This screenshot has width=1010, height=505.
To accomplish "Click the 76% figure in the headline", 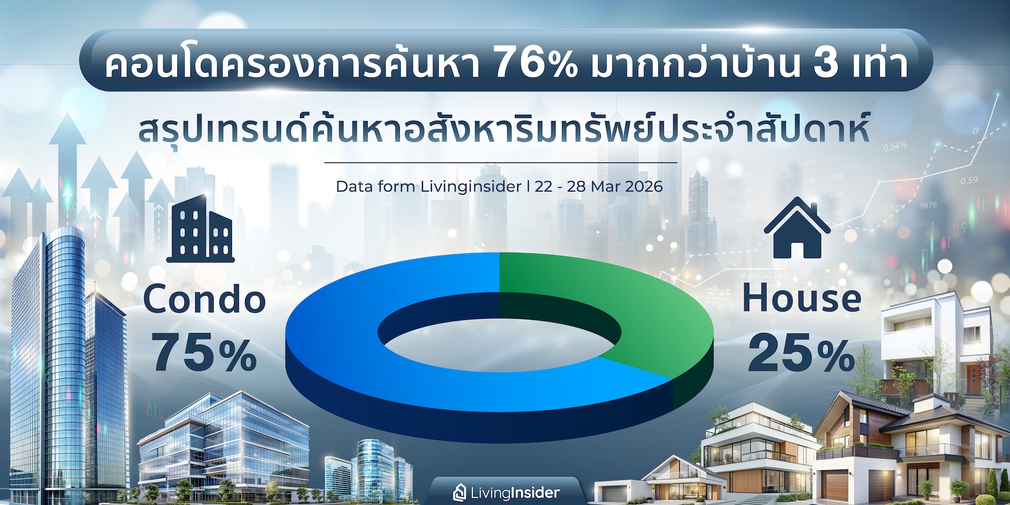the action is (x=536, y=63).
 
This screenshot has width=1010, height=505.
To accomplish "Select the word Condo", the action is (x=205, y=299).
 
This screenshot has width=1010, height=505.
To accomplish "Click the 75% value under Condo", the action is (x=205, y=353).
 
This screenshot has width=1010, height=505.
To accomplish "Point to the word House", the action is (x=802, y=298).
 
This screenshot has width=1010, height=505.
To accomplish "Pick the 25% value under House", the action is (x=801, y=353).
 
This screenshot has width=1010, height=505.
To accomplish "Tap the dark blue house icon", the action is (x=797, y=227).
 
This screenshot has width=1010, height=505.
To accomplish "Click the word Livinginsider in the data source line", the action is (x=471, y=187).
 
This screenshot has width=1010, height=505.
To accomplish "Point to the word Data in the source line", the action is (x=352, y=186).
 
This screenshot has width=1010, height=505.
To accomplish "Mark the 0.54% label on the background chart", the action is (x=895, y=146).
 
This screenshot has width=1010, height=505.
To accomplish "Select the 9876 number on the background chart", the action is (x=928, y=205).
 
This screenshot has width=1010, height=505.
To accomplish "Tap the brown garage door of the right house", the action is (x=835, y=485).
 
